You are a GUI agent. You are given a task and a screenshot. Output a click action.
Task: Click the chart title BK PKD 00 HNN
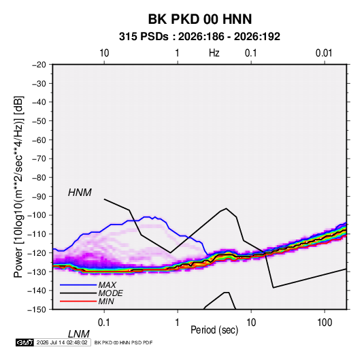(x=200, y=19)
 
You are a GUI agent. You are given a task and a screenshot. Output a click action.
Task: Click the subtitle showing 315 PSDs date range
(x=199, y=37)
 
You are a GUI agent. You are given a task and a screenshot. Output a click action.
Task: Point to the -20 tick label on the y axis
(x=39, y=65)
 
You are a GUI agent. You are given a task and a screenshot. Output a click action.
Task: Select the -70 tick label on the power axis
(x=39, y=159)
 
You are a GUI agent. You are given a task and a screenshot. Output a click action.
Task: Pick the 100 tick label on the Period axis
(x=325, y=323)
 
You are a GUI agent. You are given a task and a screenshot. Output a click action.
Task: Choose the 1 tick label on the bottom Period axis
(x=178, y=323)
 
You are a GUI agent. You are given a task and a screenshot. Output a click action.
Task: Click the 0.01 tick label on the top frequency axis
(x=324, y=53)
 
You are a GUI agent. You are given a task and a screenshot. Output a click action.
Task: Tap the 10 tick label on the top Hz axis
(x=104, y=53)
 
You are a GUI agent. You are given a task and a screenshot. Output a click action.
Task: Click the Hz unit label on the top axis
(x=214, y=53)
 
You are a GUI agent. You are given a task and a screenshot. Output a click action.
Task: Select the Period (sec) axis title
(x=214, y=330)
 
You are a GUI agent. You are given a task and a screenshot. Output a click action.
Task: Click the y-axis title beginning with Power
(x=18, y=187)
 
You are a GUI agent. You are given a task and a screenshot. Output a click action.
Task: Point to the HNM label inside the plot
(x=80, y=193)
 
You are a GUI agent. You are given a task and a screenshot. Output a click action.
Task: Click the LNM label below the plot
(x=79, y=334)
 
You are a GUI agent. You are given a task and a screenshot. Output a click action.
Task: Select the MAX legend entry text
(x=107, y=285)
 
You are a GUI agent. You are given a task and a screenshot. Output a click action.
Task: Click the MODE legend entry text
(x=110, y=293)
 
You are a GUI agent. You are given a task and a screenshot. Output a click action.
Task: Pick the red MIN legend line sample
(x=78, y=301)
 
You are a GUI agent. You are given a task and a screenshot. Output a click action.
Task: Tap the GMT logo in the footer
(x=25, y=342)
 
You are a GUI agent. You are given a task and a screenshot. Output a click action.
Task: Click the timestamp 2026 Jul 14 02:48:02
(x=62, y=342)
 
